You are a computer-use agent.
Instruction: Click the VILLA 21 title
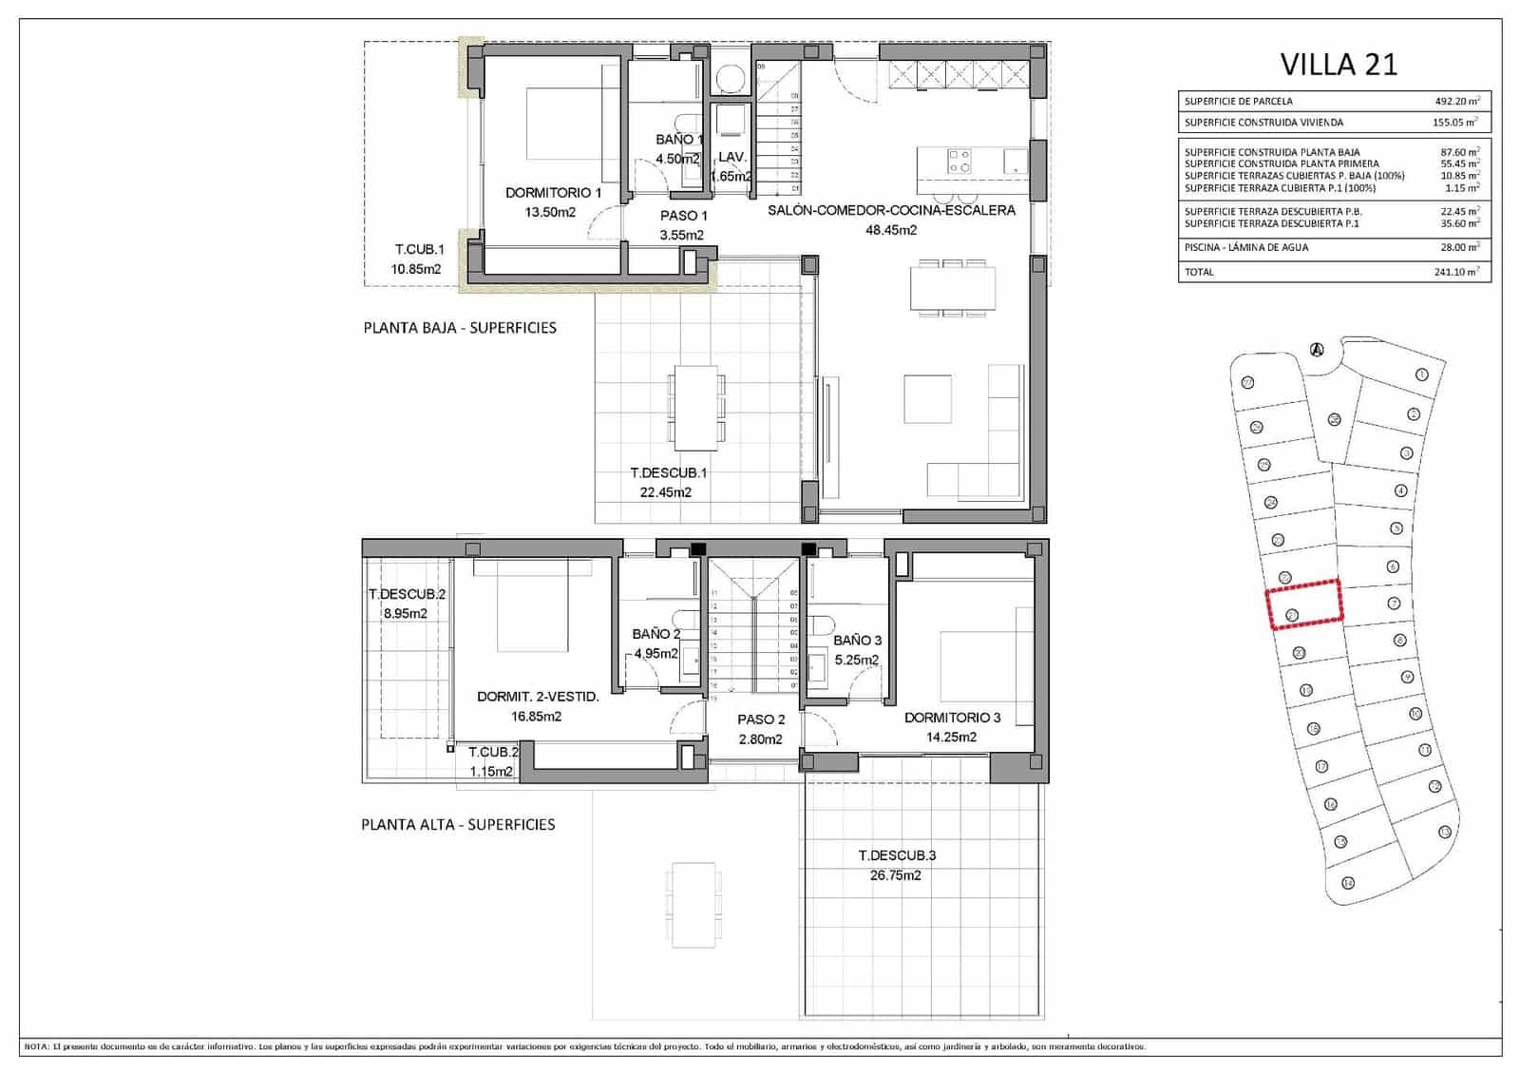[x=1339, y=65]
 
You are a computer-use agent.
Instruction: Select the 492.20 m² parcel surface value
[x=1457, y=101]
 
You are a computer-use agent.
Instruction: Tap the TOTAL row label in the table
[x=1199, y=272]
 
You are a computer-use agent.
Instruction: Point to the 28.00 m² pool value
[x=1457, y=247]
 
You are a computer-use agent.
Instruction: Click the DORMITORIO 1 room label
[x=553, y=193]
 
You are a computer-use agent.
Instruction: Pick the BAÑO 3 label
[x=857, y=641]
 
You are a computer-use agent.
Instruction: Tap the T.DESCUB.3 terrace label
[x=896, y=855]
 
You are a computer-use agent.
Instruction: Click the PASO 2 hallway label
[x=761, y=719]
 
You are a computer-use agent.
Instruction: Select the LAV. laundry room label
[x=731, y=157]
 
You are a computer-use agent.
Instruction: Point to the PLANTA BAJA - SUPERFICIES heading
[x=460, y=328]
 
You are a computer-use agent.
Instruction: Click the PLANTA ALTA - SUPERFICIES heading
[x=458, y=824]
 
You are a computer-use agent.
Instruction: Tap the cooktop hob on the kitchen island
[x=959, y=161]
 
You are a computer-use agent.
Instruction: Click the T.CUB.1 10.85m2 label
[x=418, y=259]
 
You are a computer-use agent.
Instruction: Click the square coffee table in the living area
[x=927, y=399]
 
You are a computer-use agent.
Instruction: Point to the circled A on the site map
[x=1317, y=350]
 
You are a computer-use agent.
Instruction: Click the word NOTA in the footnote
[x=36, y=1046]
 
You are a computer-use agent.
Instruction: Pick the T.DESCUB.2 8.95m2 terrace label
[x=406, y=604]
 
